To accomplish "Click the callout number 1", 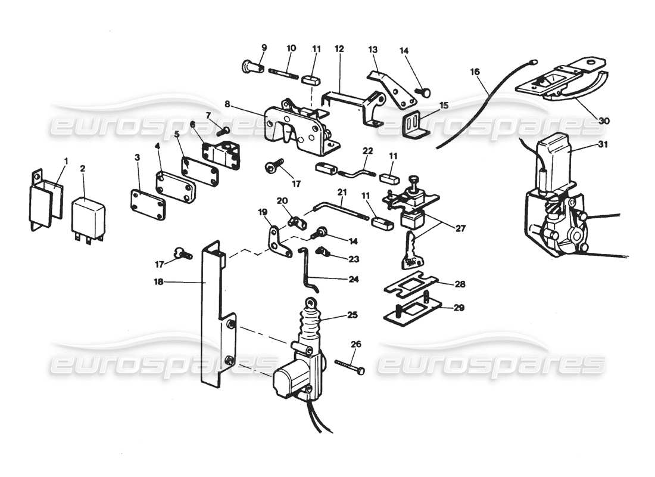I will click(x=66, y=161).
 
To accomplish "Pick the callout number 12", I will click(x=339, y=47).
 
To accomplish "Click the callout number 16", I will click(x=475, y=72).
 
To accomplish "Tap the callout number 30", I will click(x=604, y=120).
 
